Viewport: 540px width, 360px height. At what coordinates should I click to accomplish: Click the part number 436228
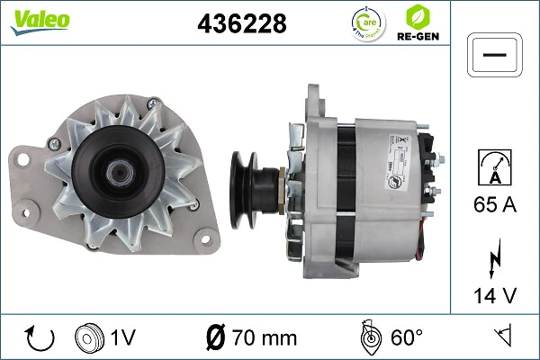pos(240,24)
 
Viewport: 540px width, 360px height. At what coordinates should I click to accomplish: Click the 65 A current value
pos(495,206)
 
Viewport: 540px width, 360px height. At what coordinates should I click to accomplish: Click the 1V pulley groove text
pos(123,338)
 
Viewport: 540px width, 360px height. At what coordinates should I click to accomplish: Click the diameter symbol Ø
pos(216,338)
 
